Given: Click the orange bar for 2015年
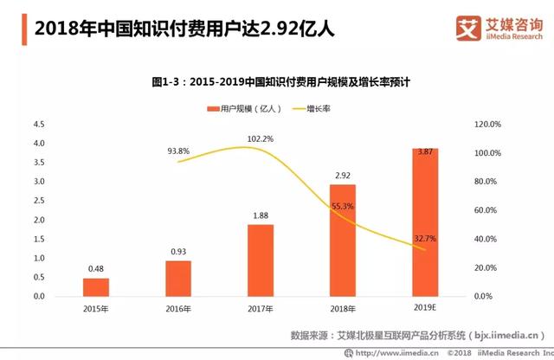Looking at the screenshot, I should click(96, 286).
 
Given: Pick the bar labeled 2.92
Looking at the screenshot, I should click(342, 240).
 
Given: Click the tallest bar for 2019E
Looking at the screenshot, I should click(424, 222).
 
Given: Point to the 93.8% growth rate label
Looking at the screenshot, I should click(178, 151).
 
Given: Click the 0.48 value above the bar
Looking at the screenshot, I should click(96, 269).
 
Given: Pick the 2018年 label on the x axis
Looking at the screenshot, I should click(342, 307).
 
